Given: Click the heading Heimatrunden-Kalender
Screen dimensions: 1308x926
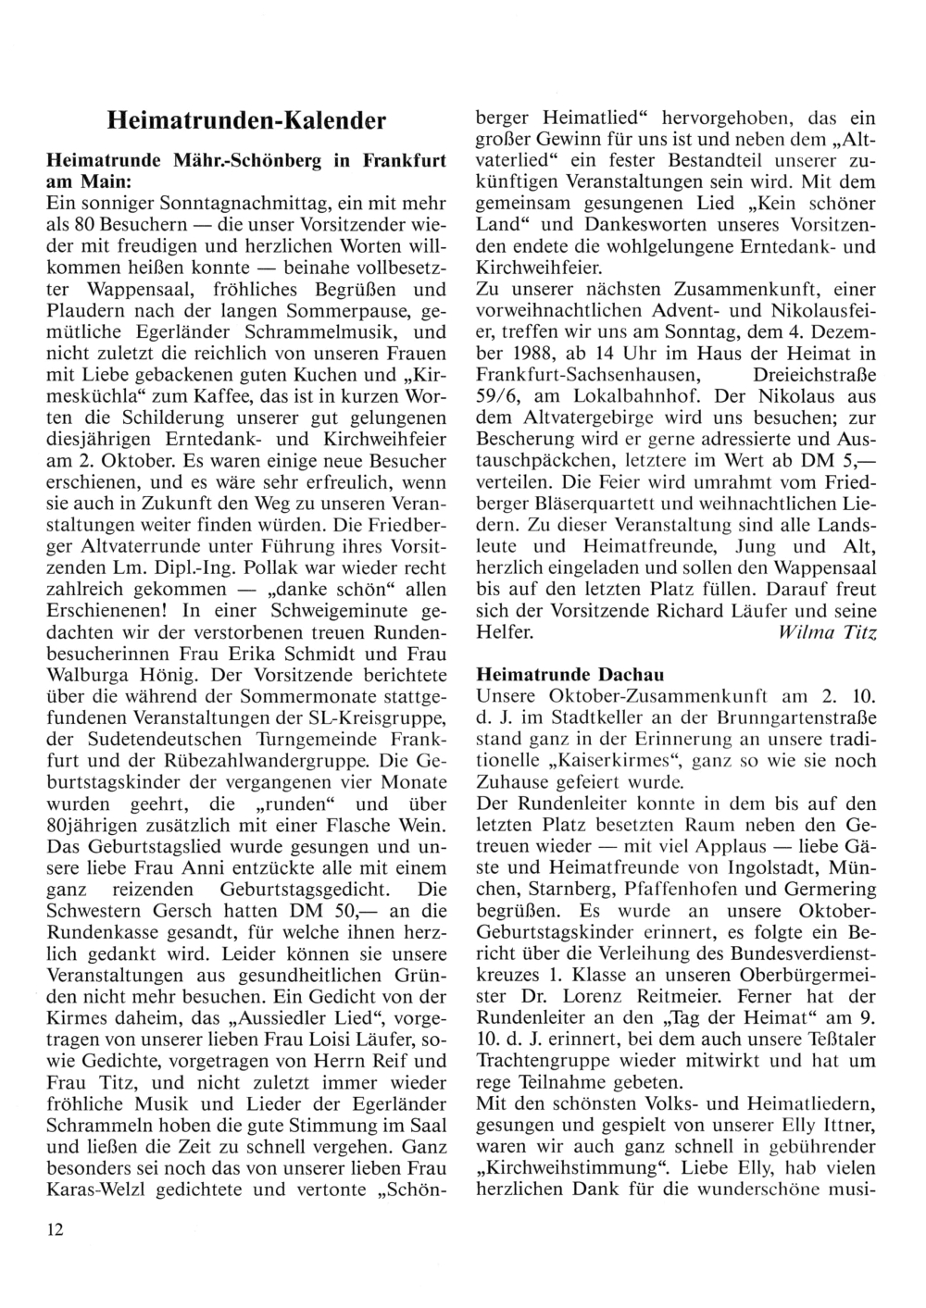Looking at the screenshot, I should click(x=245, y=121).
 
